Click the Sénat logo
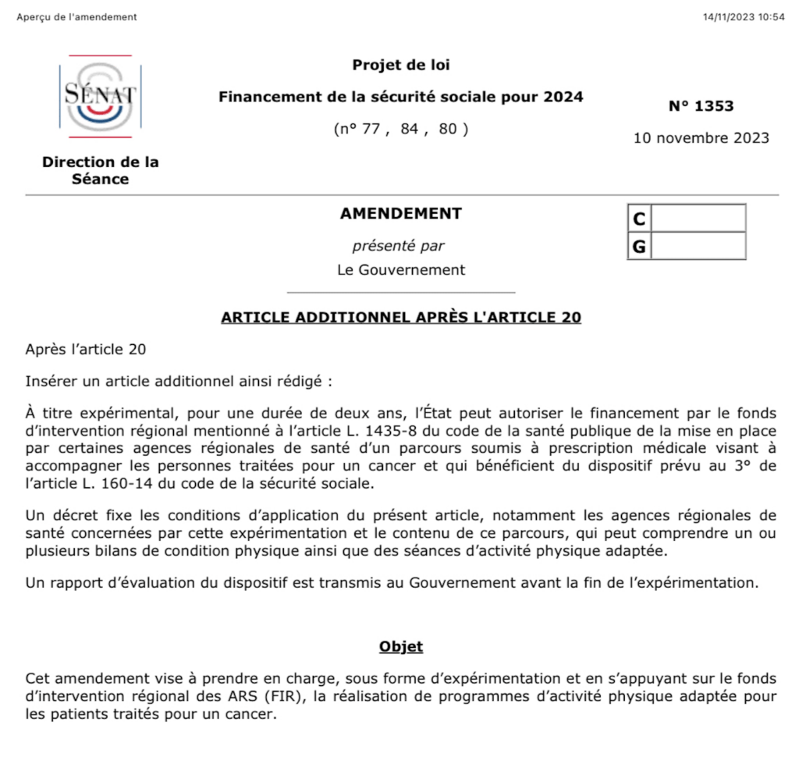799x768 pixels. pyautogui.click(x=99, y=96)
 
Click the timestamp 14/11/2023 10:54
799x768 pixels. pyautogui.click(x=744, y=17)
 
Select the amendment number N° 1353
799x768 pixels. pyautogui.click(x=701, y=106)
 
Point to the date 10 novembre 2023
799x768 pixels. pyautogui.click(x=701, y=138)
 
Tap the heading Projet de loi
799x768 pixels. pyautogui.click(x=401, y=65)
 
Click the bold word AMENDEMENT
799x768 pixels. pyautogui.click(x=401, y=213)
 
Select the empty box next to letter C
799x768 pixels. pyautogui.click(x=698, y=218)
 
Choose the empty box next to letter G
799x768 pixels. pyautogui.click(x=698, y=246)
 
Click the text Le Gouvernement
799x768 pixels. pyautogui.click(x=401, y=270)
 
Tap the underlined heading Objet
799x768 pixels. pyautogui.click(x=401, y=646)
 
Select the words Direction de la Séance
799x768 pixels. pyautogui.click(x=100, y=170)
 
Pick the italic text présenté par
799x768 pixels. pyautogui.click(x=398, y=246)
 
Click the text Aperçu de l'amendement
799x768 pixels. pyautogui.click(x=76, y=17)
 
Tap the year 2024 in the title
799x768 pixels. pyautogui.click(x=563, y=97)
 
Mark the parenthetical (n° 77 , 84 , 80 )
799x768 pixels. pyautogui.click(x=401, y=129)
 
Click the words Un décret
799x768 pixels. pyautogui.click(x=56, y=515)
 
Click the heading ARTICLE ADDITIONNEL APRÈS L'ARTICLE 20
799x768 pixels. pyautogui.click(x=401, y=317)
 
